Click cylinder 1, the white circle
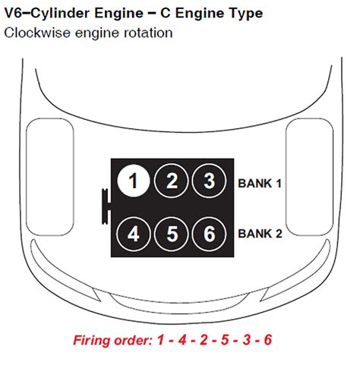pyautogui.click(x=134, y=181)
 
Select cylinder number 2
pyautogui.click(x=172, y=181)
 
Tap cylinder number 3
pyautogui.click(x=209, y=181)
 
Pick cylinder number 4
pyautogui.click(x=134, y=234)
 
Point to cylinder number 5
pyautogui.click(x=172, y=234)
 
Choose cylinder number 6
pyautogui.click(x=209, y=234)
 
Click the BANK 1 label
pyautogui.click(x=260, y=184)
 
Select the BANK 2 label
pyautogui.click(x=260, y=234)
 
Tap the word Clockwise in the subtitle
pyautogui.click(x=37, y=33)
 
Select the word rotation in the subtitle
pyautogui.click(x=148, y=33)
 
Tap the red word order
pyautogui.click(x=133, y=340)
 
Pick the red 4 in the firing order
pyautogui.click(x=182, y=340)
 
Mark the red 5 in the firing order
pyautogui.click(x=225, y=340)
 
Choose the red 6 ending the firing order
pyautogui.click(x=267, y=340)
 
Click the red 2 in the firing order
pyautogui.click(x=204, y=340)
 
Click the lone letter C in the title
pyautogui.click(x=165, y=14)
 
